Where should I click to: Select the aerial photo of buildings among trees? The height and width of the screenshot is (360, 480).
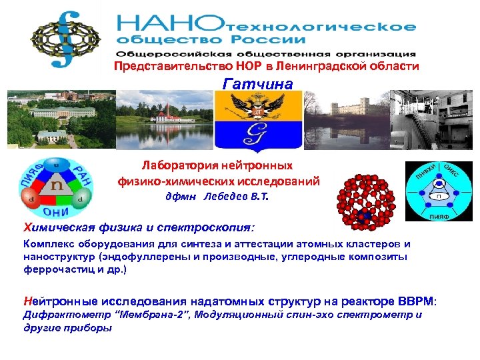coord(59,119)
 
